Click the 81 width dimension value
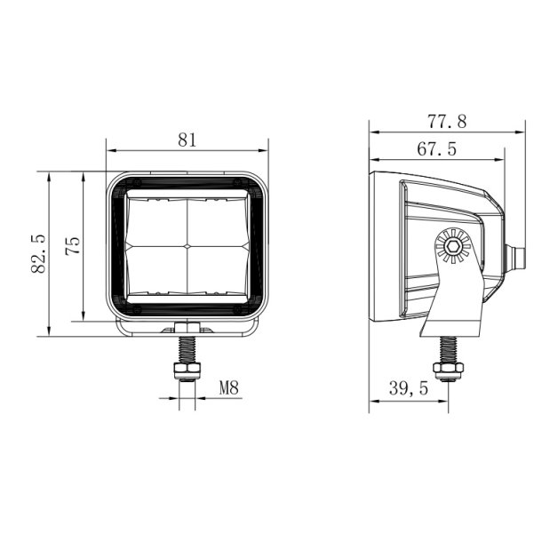coord(187,139)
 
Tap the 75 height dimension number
coord(74,245)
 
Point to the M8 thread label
coord(229,387)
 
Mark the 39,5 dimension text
coord(409,388)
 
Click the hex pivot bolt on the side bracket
coord(453,246)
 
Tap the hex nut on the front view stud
coord(187,367)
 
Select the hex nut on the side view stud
coord(445,368)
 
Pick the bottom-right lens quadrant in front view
coord(217,267)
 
